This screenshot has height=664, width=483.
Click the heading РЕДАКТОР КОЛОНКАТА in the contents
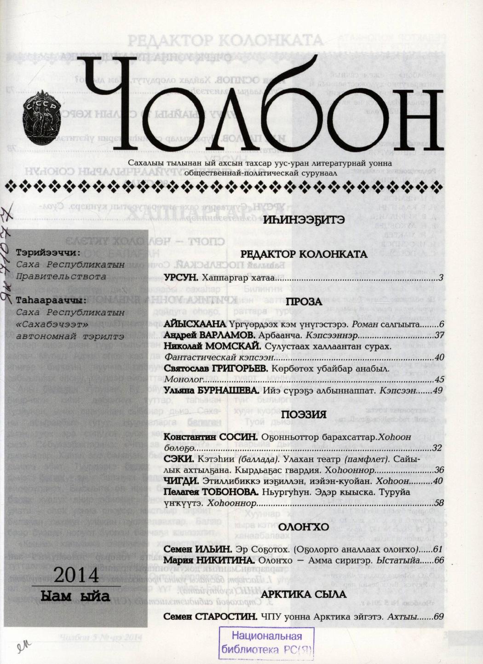(x=304, y=255)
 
